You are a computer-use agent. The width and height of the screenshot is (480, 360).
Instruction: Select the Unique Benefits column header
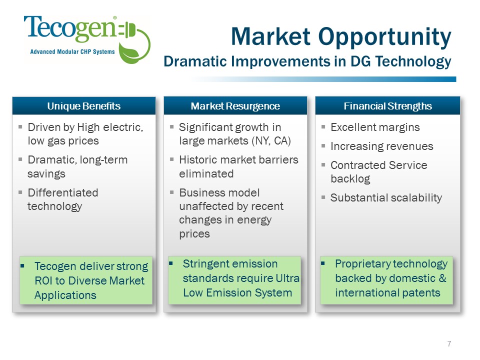point(84,106)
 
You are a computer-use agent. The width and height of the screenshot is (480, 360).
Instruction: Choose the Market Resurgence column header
point(235,106)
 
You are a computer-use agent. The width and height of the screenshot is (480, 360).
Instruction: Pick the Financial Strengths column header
point(387,106)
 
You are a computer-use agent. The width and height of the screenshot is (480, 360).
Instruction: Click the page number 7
point(449,344)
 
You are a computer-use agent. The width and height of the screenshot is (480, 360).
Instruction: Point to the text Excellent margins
point(375,127)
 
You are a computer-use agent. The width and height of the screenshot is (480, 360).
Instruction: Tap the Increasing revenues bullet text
point(381,146)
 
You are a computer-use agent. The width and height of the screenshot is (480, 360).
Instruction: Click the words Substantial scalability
point(386,198)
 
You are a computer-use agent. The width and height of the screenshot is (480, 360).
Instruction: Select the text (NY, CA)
point(271,141)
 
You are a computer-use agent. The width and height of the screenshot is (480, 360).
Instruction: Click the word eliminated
point(206,174)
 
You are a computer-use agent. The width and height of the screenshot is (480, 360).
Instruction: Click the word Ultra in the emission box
point(287,278)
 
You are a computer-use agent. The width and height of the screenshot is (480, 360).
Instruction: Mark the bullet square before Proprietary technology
point(323,263)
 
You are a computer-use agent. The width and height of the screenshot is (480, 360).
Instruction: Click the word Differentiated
point(63,193)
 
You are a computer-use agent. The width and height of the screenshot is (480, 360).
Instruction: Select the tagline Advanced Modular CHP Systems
point(72,51)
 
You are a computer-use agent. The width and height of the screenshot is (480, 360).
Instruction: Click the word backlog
point(350,179)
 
